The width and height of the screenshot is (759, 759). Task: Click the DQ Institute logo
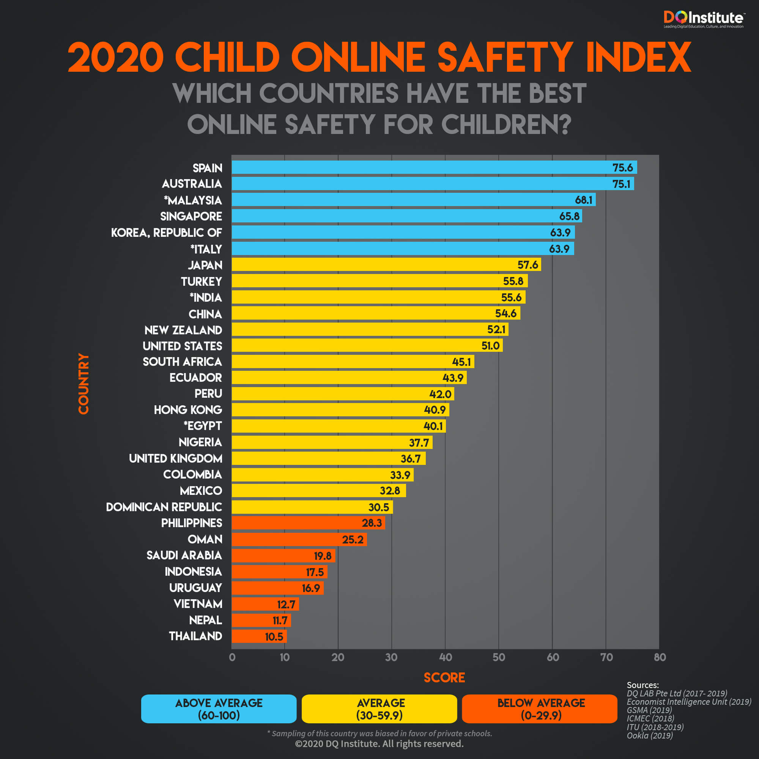(x=703, y=19)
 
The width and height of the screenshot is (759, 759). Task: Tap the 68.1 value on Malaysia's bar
(x=583, y=200)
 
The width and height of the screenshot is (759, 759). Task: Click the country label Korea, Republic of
(x=166, y=233)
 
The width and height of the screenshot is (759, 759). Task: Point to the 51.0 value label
(x=490, y=346)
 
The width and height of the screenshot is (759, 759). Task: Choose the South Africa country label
(x=182, y=362)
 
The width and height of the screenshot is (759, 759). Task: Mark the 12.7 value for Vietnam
(x=286, y=604)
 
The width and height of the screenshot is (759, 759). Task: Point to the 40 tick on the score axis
(x=446, y=657)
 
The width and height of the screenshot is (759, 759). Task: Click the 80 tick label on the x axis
(x=660, y=657)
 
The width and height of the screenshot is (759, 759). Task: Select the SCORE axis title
(x=444, y=678)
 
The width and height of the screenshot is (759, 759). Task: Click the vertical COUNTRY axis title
(x=83, y=383)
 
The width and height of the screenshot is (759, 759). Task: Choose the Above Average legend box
(x=219, y=709)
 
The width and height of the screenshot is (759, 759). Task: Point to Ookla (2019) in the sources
(x=650, y=735)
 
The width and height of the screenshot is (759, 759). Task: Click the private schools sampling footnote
(x=379, y=734)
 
